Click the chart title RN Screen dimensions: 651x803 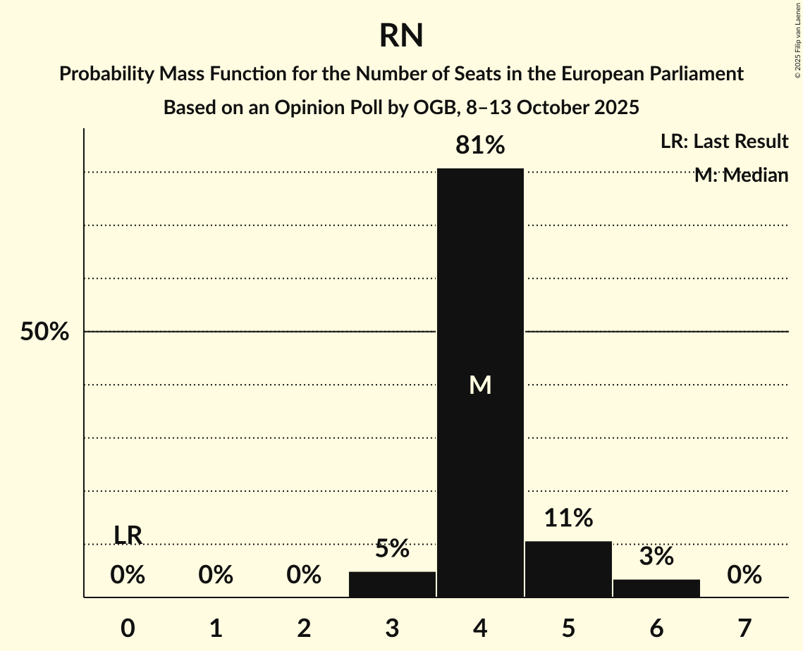pyautogui.click(x=401, y=36)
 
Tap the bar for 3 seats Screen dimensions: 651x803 pyautogui.click(x=392, y=584)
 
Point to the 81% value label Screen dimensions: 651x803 pyautogui.click(x=480, y=146)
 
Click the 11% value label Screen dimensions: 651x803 pyautogui.click(x=568, y=519)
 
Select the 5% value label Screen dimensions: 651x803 pyautogui.click(x=392, y=549)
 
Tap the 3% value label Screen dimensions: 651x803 pyautogui.click(x=656, y=557)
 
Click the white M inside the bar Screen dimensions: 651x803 pyautogui.click(x=480, y=385)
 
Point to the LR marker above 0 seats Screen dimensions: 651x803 pyautogui.click(x=128, y=535)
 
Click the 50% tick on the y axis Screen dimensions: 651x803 pyautogui.click(x=44, y=332)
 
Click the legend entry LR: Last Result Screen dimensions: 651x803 pyautogui.click(x=724, y=142)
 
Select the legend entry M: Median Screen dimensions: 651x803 pyautogui.click(x=741, y=175)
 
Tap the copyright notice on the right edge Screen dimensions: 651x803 pyautogui.click(x=797, y=38)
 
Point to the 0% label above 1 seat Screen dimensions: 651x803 pyautogui.click(x=216, y=576)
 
